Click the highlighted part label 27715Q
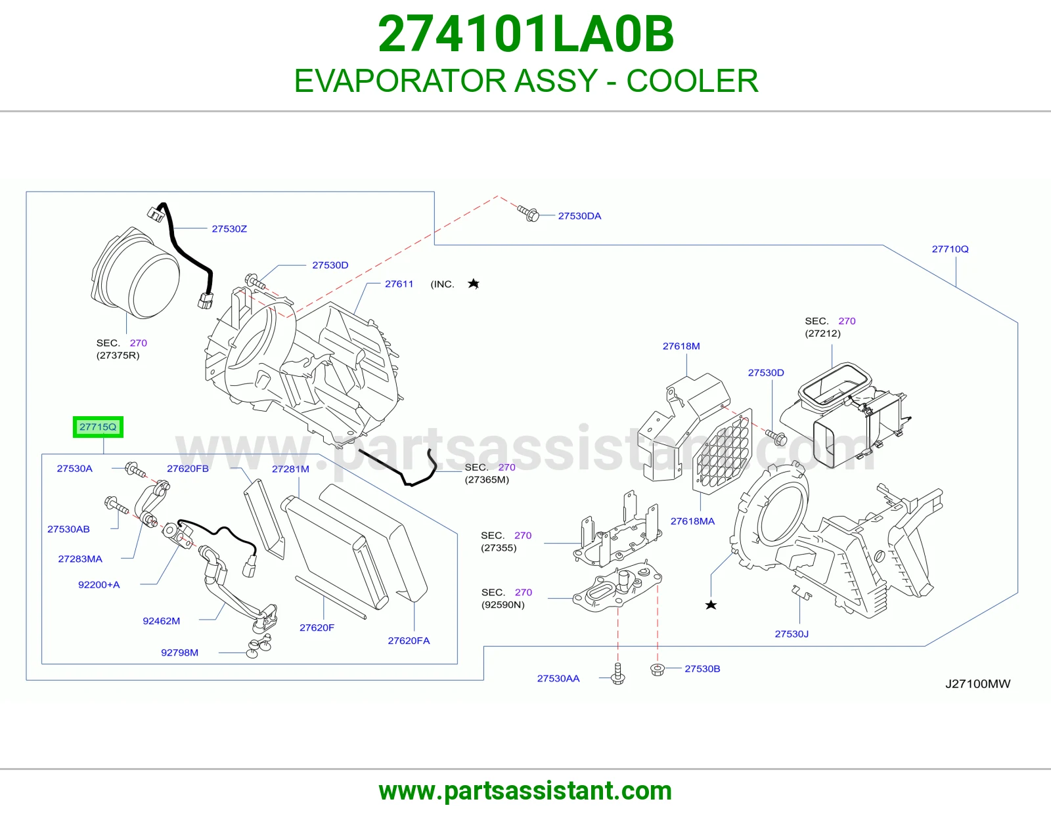98,427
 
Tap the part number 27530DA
579,216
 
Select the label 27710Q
950,249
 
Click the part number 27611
399,284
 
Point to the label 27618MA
692,521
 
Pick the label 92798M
179,653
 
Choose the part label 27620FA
409,641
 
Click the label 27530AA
558,678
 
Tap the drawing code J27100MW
977,683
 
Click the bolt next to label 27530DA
529,213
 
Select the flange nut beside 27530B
658,670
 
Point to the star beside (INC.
474,284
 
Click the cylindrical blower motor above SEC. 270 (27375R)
135,273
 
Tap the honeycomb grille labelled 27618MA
723,451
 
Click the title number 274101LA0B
525,34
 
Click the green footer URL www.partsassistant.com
525,791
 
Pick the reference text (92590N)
503,605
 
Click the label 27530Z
229,228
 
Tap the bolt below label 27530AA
617,674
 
